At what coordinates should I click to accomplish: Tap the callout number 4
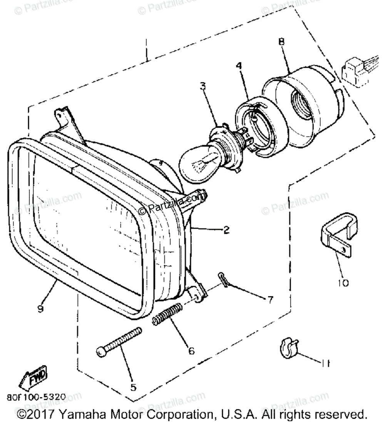pyautogui.click(x=239, y=66)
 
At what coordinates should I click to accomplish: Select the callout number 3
pyautogui.click(x=203, y=86)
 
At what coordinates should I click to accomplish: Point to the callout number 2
pyautogui.click(x=226, y=230)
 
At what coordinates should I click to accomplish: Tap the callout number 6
pyautogui.click(x=191, y=351)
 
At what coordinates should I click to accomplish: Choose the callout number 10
pyautogui.click(x=343, y=283)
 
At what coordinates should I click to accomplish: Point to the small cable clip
pyautogui.click(x=287, y=347)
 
